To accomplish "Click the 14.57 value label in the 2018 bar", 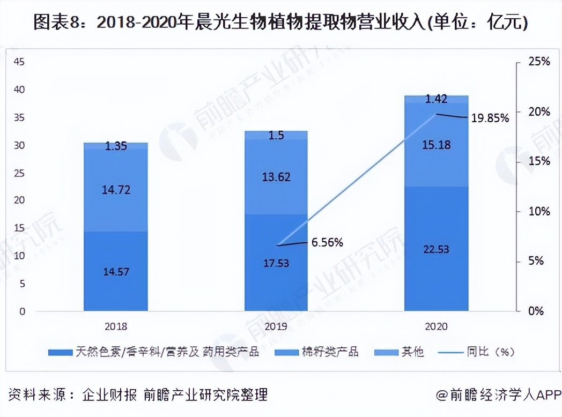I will (116, 271).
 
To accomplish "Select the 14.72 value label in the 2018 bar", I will (116, 190).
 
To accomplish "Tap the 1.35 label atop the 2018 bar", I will (116, 146).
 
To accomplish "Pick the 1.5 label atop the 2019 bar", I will (277, 136).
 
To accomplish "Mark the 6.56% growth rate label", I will (327, 243).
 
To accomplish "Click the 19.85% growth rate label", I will (490, 118).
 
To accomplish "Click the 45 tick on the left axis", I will (19, 62).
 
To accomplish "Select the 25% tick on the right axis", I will (539, 62).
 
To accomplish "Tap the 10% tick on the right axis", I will (539, 211).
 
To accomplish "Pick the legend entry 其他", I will (412, 352).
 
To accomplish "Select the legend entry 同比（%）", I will (490, 352).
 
